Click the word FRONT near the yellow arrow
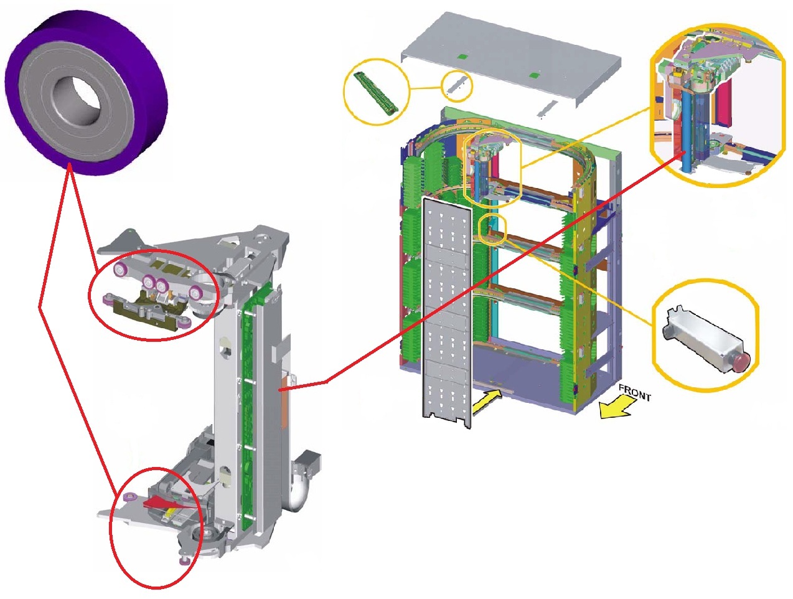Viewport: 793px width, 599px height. tap(635, 392)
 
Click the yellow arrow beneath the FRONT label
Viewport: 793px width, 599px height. tap(615, 406)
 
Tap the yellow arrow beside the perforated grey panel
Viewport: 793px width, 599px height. tap(487, 402)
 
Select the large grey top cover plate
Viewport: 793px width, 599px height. tap(511, 58)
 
